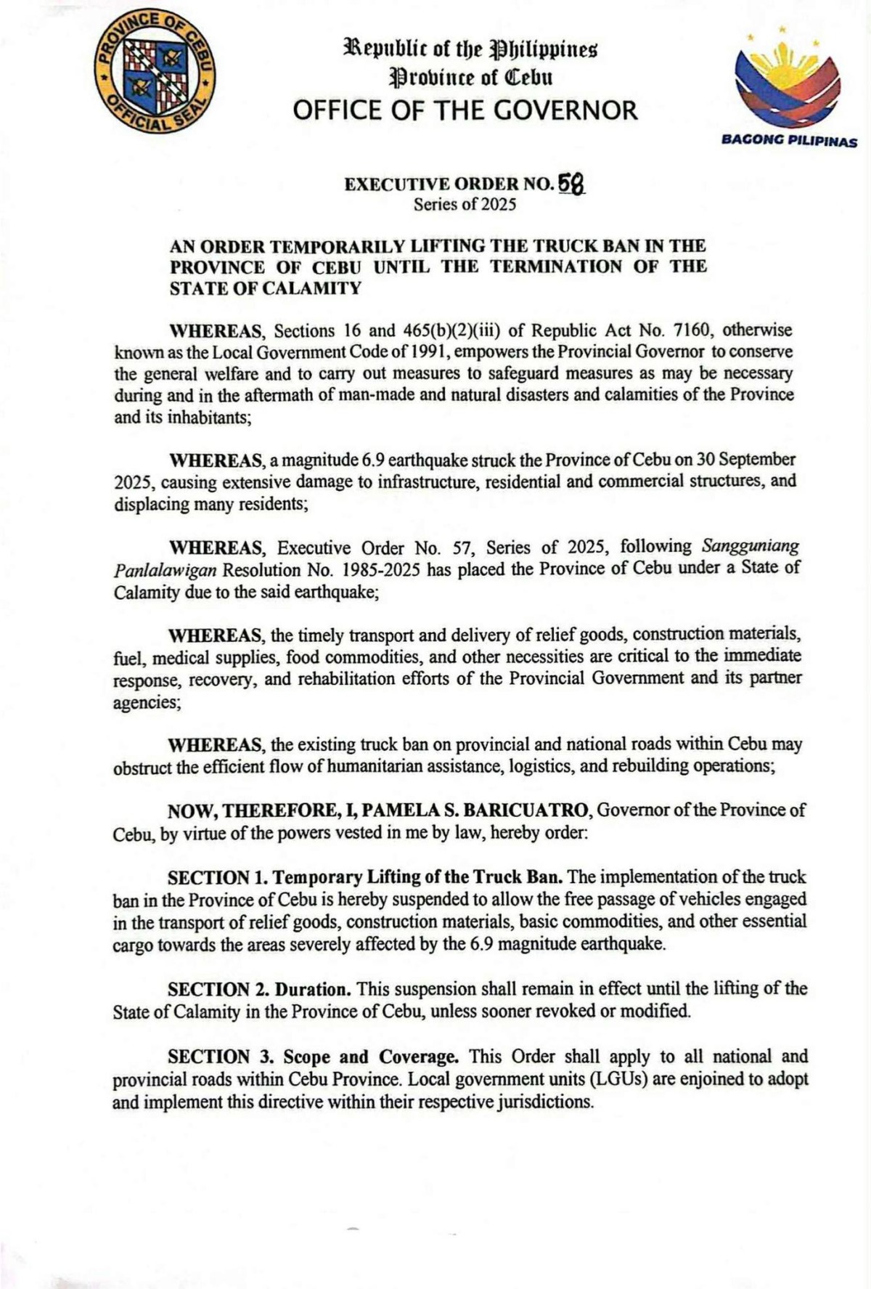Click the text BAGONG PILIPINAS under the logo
tap(789, 142)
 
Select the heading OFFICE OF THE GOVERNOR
tap(465, 111)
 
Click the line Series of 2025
tap(465, 205)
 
